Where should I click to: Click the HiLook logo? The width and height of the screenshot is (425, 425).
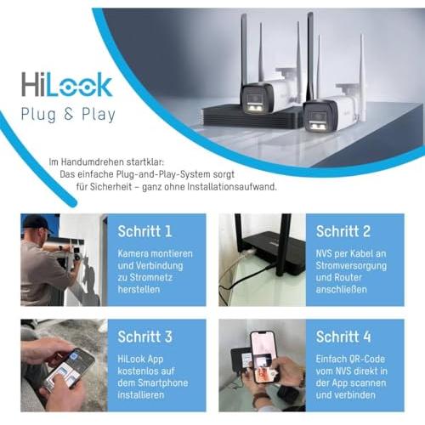[67, 84]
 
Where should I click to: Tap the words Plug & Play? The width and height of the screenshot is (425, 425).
[68, 115]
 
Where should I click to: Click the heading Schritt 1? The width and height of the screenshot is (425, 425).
[144, 231]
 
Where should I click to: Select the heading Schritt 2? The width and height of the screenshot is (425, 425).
[343, 231]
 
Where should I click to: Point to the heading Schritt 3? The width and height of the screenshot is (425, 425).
[144, 337]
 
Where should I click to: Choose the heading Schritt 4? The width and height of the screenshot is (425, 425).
[343, 337]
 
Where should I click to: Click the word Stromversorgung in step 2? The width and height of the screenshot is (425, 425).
[351, 266]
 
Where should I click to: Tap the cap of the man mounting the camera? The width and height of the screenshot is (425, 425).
[37, 223]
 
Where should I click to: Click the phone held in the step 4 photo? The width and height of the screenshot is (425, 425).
[263, 357]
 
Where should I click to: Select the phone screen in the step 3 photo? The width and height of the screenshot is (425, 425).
[70, 370]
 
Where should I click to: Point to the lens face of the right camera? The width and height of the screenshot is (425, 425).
[320, 119]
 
